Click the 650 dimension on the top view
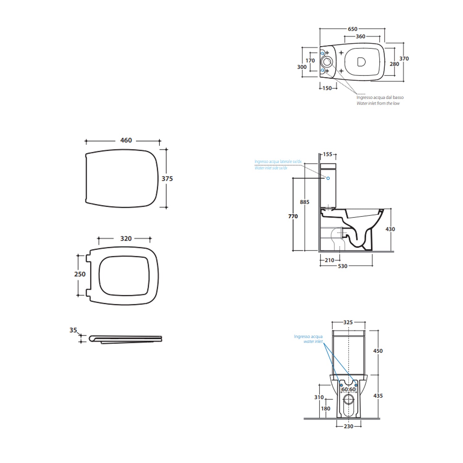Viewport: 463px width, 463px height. pyautogui.click(x=352, y=29)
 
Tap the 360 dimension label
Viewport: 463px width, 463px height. pyautogui.click(x=361, y=36)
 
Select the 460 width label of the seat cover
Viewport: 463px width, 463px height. pyautogui.click(x=126, y=140)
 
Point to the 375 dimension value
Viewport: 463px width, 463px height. pyautogui.click(x=167, y=179)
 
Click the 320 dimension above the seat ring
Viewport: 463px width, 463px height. pyautogui.click(x=126, y=239)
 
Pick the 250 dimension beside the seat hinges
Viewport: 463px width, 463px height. pyautogui.click(x=80, y=274)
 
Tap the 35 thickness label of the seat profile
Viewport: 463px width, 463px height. pyautogui.click(x=73, y=330)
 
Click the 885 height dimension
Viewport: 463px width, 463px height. pyautogui.click(x=305, y=202)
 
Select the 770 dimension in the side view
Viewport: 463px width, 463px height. pyautogui.click(x=293, y=216)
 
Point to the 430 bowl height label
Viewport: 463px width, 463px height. pyautogui.click(x=390, y=229)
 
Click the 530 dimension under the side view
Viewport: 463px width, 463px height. pyautogui.click(x=343, y=266)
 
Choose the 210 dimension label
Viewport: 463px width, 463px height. pyautogui.click(x=329, y=260)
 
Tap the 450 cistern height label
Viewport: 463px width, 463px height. pyautogui.click(x=378, y=351)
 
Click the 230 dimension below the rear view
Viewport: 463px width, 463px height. pyautogui.click(x=348, y=426)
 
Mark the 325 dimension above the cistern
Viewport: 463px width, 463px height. pyautogui.click(x=348, y=322)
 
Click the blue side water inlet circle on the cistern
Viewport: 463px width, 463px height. pyautogui.click(x=328, y=178)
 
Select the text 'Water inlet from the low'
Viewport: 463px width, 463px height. pyautogui.click(x=378, y=103)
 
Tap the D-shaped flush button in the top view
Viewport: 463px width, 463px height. pyautogui.click(x=361, y=62)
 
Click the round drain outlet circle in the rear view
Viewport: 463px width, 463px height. pyautogui.click(x=349, y=399)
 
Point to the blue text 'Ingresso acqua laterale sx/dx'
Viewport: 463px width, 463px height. pyautogui.click(x=278, y=162)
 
